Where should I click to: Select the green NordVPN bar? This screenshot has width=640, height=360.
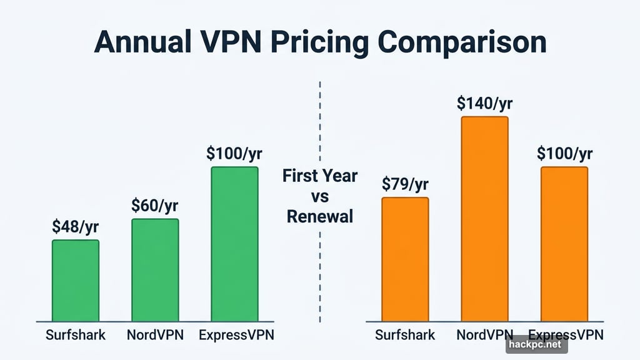pyautogui.click(x=155, y=270)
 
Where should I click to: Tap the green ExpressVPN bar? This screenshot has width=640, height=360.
pyautogui.click(x=234, y=244)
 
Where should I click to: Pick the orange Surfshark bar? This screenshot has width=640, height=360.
pyautogui.click(x=405, y=259)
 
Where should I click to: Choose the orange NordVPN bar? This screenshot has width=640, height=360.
pyautogui.click(x=484, y=219)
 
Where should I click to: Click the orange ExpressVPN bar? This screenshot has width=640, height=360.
pyautogui.click(x=564, y=244)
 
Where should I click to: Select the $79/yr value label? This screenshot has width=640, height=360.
pyautogui.click(x=405, y=184)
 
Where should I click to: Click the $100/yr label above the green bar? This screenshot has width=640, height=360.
pyautogui.click(x=234, y=154)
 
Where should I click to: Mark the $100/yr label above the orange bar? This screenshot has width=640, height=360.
pyautogui.click(x=564, y=154)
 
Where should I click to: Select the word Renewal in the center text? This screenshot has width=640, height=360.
pyautogui.click(x=319, y=217)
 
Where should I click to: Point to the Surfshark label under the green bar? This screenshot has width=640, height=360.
pyautogui.click(x=76, y=334)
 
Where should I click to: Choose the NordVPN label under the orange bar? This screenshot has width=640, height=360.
pyautogui.click(x=485, y=334)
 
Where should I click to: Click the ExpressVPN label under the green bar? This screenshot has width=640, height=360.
pyautogui.click(x=236, y=334)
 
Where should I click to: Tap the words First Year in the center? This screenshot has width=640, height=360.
pyautogui.click(x=319, y=176)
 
